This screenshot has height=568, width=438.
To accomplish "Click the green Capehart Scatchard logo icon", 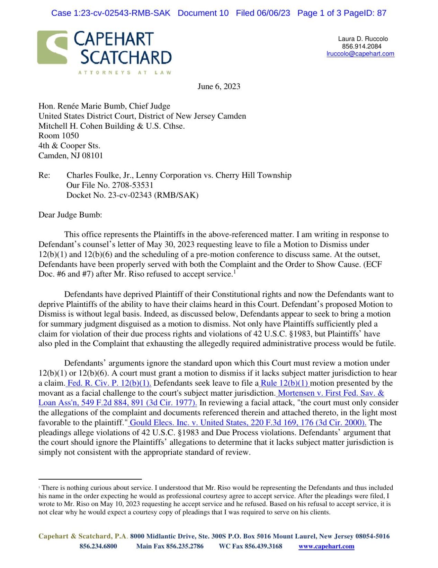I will [x=52, y=47].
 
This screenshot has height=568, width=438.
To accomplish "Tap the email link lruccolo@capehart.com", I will [x=360, y=54].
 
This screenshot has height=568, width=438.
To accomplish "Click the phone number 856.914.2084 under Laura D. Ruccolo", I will [x=361, y=46].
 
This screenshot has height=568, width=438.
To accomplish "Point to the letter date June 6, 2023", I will [x=219, y=86].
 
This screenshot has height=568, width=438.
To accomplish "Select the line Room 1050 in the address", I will [x=59, y=136].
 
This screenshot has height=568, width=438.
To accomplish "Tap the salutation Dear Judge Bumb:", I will [x=70, y=215].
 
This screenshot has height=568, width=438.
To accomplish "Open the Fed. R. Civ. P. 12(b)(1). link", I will [x=109, y=383].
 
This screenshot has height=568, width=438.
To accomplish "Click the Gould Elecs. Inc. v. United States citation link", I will [x=248, y=423].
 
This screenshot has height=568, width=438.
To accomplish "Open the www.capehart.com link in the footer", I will [x=326, y=547].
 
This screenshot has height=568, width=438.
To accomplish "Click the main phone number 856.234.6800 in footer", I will [x=98, y=547].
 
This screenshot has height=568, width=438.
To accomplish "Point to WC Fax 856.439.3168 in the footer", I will [x=250, y=547].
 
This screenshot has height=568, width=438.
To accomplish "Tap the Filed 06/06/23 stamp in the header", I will [x=263, y=13].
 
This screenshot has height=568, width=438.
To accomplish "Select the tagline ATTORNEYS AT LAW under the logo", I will [x=125, y=73].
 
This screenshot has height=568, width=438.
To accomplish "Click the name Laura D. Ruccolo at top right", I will [x=363, y=39].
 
